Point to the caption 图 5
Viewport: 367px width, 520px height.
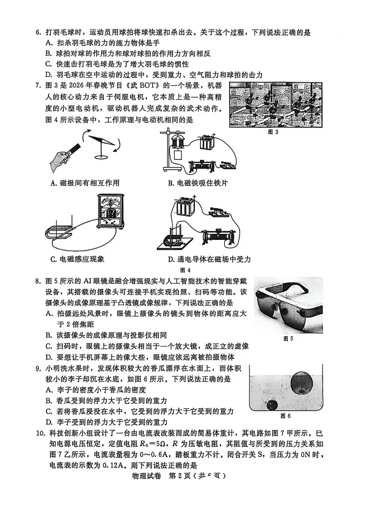tap(288, 338)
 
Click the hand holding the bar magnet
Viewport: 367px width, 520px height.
tap(62, 157)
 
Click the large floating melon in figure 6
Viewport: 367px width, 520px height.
tap(301, 383)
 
